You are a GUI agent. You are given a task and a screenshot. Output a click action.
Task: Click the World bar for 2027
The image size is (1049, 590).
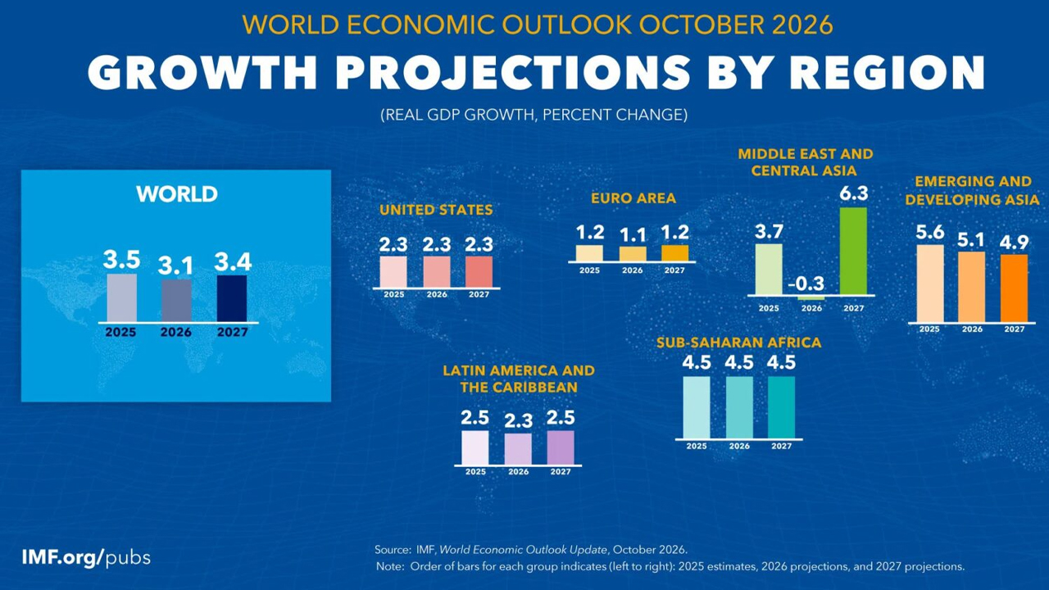(x=232, y=298)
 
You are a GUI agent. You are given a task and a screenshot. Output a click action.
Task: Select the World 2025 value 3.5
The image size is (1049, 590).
(x=121, y=260)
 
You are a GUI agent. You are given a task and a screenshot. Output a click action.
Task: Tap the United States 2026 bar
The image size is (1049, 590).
(x=437, y=271)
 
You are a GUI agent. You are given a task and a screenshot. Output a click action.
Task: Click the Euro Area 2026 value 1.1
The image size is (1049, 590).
(x=633, y=235)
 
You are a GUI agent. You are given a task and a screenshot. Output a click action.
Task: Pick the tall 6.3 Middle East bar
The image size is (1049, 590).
(x=853, y=251)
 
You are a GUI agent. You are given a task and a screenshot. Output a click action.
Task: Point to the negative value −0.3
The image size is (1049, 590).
(x=806, y=284)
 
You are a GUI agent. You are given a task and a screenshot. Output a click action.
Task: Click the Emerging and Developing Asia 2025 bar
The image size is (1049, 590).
(x=930, y=284)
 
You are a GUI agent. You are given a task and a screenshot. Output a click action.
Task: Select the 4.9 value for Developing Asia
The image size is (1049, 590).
(x=1014, y=243)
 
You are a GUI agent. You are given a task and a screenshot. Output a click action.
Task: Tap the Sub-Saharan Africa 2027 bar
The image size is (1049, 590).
(x=781, y=407)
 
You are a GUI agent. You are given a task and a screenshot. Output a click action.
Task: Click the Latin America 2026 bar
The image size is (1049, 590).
(x=518, y=449)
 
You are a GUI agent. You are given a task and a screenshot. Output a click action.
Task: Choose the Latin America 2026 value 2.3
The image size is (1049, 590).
(x=519, y=421)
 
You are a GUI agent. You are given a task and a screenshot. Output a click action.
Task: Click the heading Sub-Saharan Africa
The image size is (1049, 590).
(x=738, y=343)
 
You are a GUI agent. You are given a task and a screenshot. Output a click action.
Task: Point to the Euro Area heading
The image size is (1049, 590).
(x=633, y=198)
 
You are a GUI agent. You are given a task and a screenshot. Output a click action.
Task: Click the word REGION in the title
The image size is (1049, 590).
(x=887, y=72)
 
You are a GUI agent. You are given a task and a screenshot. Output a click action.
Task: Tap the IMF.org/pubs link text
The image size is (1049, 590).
(x=86, y=558)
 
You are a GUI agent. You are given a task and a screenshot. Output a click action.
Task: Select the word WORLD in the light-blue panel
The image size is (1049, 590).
(x=177, y=194)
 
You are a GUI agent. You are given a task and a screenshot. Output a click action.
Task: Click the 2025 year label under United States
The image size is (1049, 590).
(x=394, y=294)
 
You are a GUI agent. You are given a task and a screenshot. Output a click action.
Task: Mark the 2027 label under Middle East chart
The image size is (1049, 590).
(x=853, y=308)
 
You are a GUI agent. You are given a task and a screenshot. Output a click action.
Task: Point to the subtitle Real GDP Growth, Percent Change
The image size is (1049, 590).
(x=534, y=115)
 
